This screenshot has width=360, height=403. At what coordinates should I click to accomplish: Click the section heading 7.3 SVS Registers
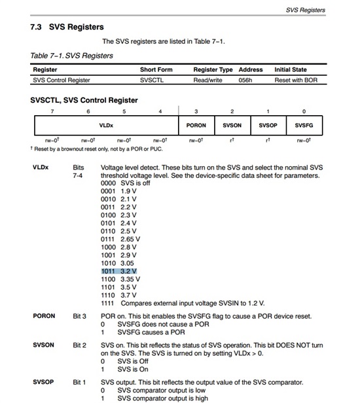point(67,27)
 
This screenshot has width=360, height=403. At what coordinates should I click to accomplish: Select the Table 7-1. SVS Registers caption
point(72,56)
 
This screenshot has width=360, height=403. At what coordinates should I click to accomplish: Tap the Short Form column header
point(156,69)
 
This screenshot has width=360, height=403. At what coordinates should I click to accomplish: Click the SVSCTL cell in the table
point(154,80)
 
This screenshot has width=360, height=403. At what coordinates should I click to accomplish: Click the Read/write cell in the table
point(208,80)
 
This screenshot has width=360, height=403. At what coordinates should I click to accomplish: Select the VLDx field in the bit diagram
point(105,125)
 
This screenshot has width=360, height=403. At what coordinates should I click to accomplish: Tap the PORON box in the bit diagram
point(196,125)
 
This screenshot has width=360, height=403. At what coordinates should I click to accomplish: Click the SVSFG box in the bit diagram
point(304,125)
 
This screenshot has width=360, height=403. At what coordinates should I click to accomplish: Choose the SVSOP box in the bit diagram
point(268,125)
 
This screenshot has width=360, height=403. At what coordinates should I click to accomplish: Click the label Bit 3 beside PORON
point(79,316)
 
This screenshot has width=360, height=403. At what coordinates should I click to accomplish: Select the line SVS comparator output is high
point(162,398)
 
